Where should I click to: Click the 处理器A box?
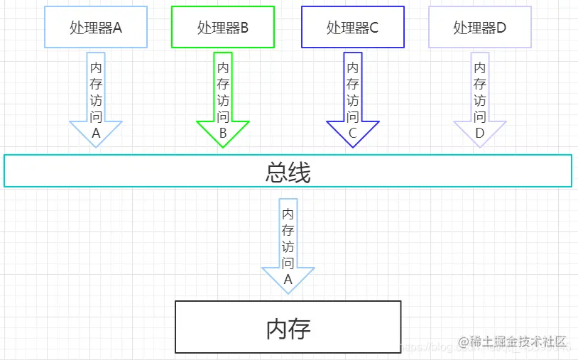[x=96, y=28]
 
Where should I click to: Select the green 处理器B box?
[x=223, y=28]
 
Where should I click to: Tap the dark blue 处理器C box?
[x=353, y=28]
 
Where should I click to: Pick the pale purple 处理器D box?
[x=480, y=28]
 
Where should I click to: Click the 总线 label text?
[x=288, y=172]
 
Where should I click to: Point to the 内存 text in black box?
[x=288, y=328]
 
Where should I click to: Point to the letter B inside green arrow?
[x=223, y=133]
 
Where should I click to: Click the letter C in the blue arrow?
[x=353, y=133]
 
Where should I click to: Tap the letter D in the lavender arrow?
[x=480, y=133]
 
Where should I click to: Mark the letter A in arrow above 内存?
[x=288, y=279]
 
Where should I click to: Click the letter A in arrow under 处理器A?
[x=96, y=133]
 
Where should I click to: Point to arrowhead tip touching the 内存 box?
[x=288, y=293]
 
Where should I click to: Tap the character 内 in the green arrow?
[x=223, y=67]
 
